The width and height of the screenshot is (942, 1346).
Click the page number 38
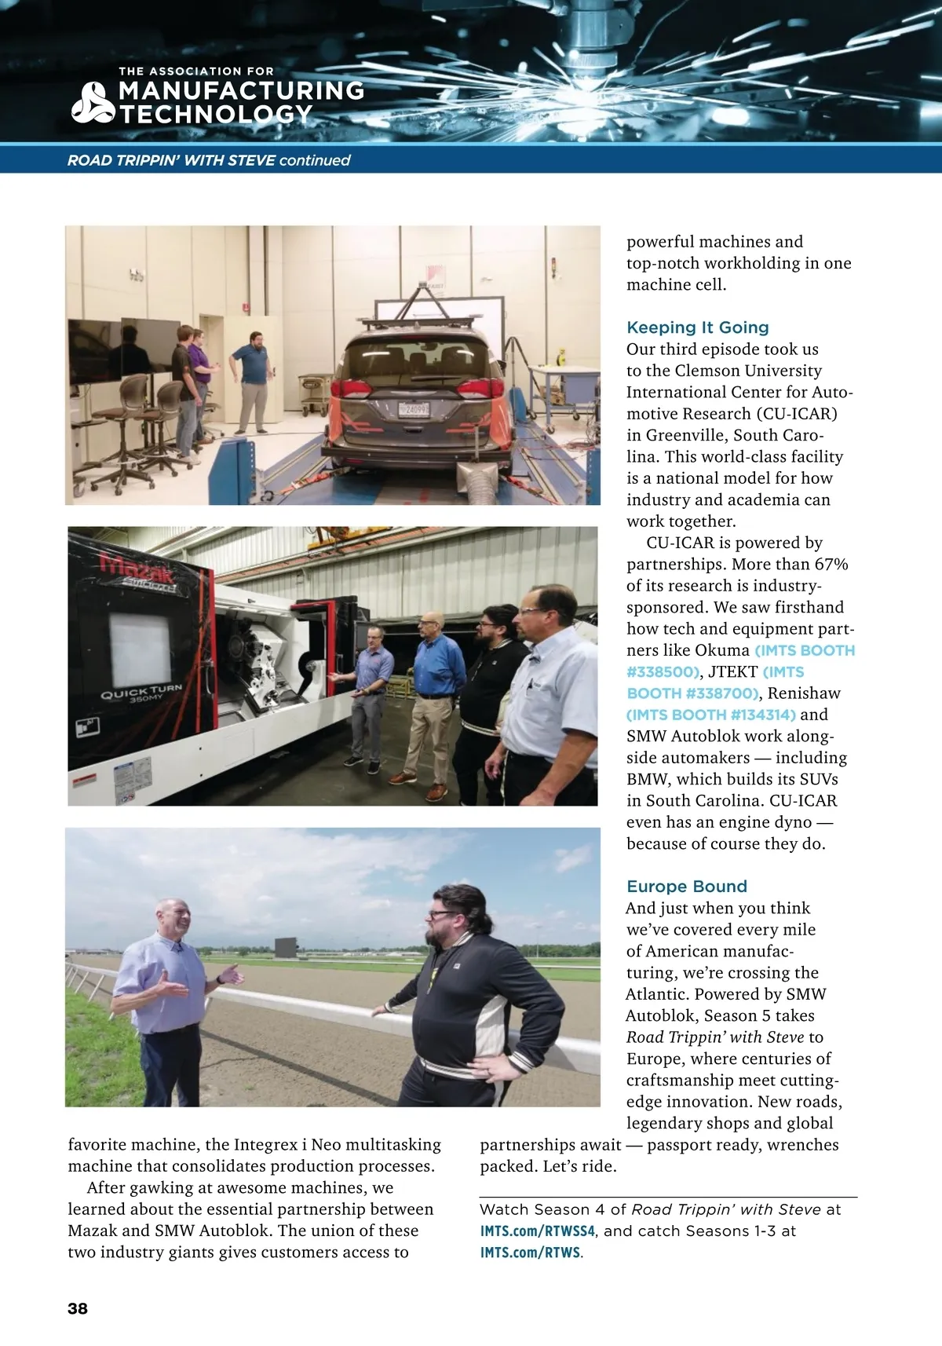click(78, 1308)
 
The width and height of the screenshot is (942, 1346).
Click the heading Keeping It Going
click(697, 327)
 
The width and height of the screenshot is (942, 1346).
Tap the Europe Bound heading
click(686, 887)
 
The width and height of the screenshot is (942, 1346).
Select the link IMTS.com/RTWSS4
click(538, 1231)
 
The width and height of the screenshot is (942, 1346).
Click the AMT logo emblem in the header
click(93, 103)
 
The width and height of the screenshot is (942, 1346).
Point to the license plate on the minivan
click(413, 408)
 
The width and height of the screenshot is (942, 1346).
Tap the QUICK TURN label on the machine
click(141, 692)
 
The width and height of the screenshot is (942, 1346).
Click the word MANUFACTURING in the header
click(241, 91)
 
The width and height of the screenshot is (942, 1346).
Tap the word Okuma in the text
click(722, 650)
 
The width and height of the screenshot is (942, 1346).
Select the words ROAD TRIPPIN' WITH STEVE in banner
click(171, 160)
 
